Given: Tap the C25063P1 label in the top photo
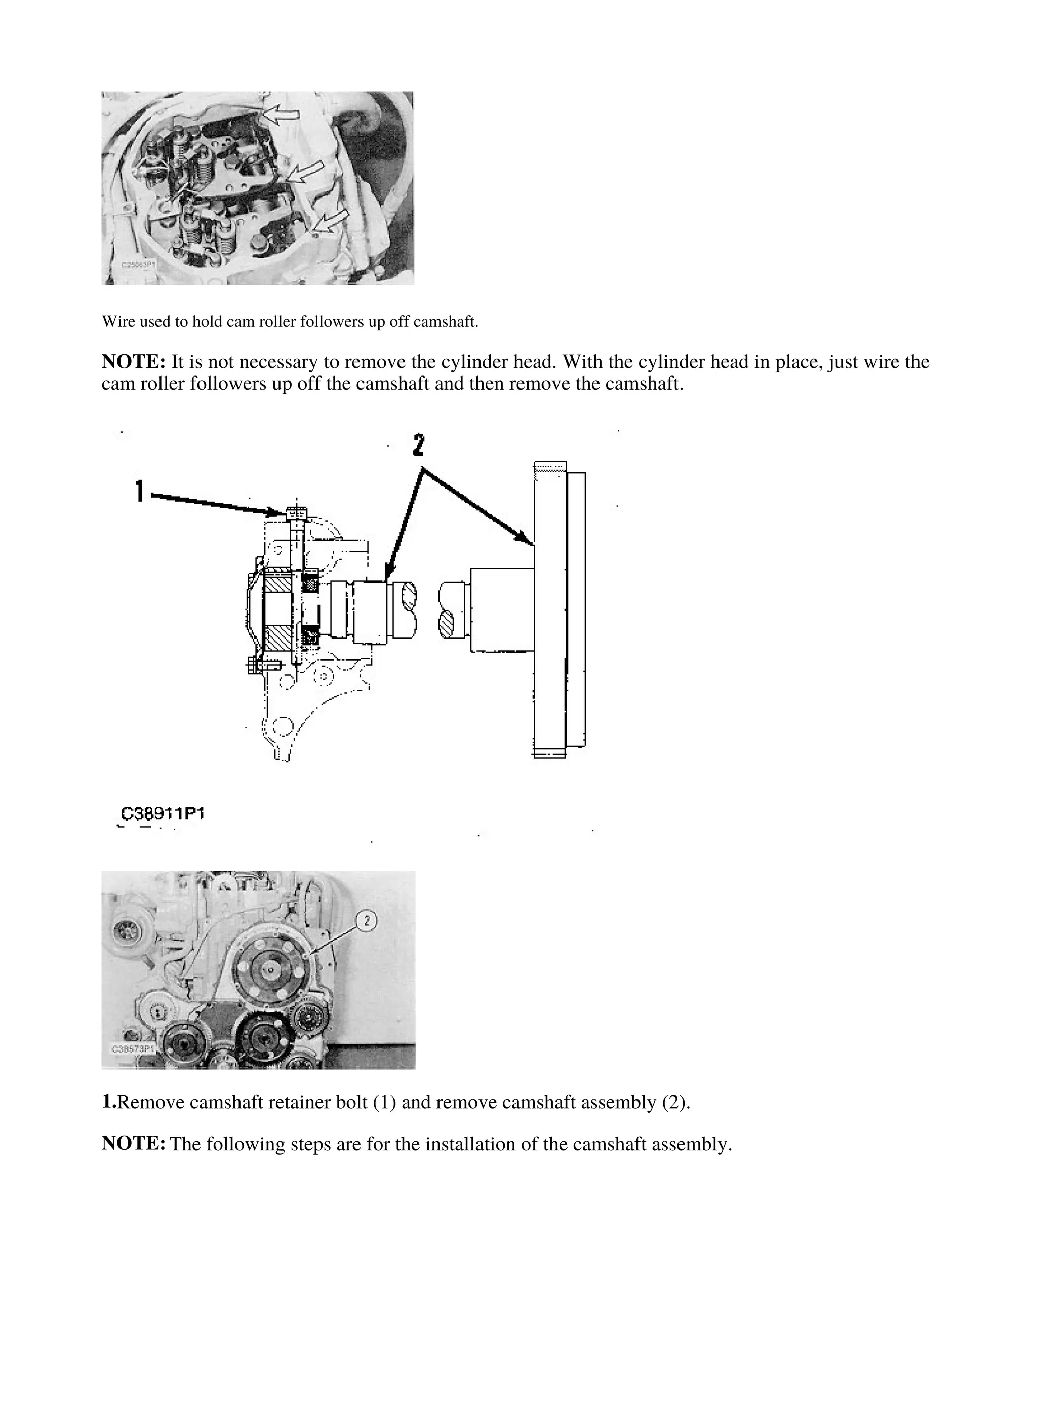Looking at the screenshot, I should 137,266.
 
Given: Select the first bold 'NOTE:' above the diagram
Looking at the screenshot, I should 133,362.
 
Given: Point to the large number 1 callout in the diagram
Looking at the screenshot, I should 140,492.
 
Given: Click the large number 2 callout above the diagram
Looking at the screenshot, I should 418,445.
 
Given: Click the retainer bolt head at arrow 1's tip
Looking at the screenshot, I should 296,513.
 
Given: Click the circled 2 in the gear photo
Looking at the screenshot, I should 367,921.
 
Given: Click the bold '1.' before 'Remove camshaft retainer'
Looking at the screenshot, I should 109,1102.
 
